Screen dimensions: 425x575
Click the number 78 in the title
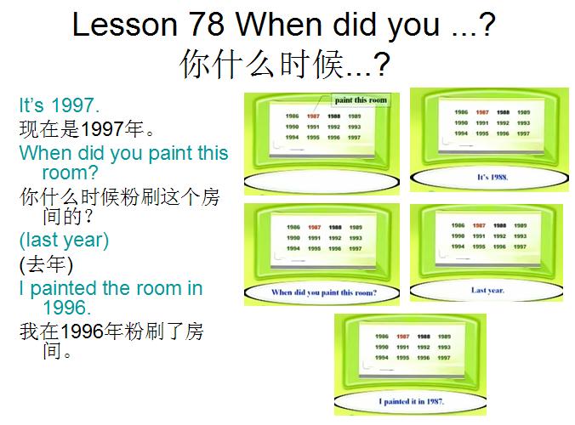pyautogui.click(x=206, y=25)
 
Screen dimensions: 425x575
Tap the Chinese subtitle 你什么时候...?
pyautogui.click(x=284, y=65)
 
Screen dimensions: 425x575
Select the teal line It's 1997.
pyautogui.click(x=60, y=106)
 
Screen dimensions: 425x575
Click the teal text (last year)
pyautogui.click(x=64, y=240)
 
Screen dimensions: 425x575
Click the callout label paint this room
pyautogui.click(x=360, y=100)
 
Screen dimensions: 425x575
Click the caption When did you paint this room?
pyautogui.click(x=323, y=292)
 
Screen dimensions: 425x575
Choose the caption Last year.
pyautogui.click(x=487, y=290)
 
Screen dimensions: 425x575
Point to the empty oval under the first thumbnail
pyautogui.click(x=322, y=182)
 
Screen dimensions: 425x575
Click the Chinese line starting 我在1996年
pyautogui.click(x=111, y=330)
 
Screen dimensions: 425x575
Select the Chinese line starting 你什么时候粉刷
pyautogui.click(x=119, y=196)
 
